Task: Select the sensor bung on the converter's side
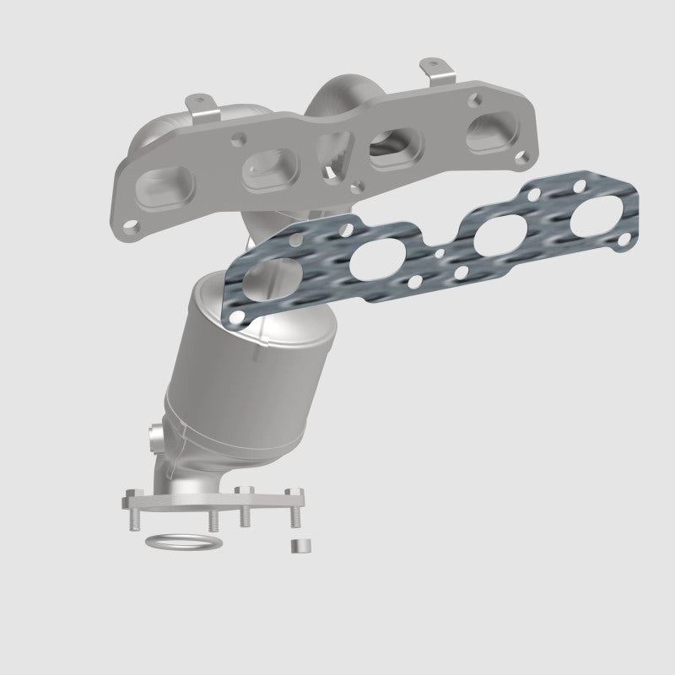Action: point(155,439)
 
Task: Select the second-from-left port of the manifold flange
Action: point(265,170)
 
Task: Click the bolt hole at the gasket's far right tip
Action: point(624,241)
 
